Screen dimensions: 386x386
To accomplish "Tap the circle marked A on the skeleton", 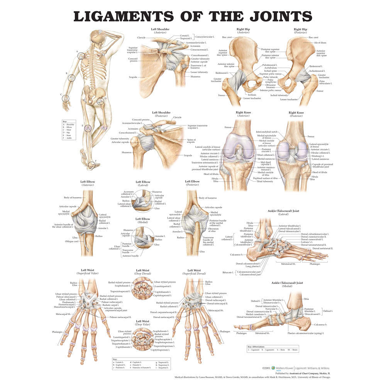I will click(x=81, y=56).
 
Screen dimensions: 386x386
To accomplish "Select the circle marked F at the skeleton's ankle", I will click(x=91, y=165).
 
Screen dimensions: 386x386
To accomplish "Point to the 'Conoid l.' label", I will click(x=184, y=36).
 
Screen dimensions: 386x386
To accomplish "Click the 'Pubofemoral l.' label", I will click(x=270, y=65).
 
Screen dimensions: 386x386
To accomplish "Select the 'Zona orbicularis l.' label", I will click(x=325, y=83).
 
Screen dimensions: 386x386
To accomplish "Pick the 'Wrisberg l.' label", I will click(x=318, y=156).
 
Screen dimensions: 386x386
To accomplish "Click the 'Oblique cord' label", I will click(x=72, y=241).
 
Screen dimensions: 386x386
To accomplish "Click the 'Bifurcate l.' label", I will click(x=228, y=272).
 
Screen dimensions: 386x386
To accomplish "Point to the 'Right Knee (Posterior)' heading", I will click(x=296, y=115).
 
